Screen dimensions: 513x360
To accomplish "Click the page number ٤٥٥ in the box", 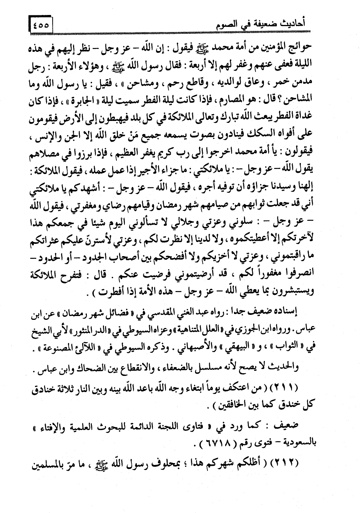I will [41, 26].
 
